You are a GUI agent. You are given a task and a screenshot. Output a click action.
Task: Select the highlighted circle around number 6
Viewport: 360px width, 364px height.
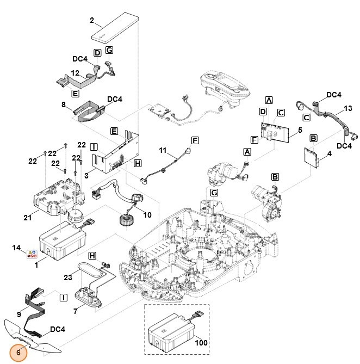(x=18, y=352)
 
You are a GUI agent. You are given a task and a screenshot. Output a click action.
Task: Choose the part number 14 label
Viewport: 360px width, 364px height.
(x=16, y=248)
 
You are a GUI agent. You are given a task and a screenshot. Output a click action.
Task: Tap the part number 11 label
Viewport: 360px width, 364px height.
(x=163, y=150)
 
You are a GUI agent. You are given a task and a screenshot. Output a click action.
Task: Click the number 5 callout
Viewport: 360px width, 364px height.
(x=300, y=131)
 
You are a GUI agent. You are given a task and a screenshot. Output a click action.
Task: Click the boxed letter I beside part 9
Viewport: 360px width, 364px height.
(x=63, y=297)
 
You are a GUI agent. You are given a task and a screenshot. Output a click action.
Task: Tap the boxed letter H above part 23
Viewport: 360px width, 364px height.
(x=92, y=255)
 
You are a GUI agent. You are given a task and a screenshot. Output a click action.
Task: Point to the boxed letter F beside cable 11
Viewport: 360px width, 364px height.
(x=195, y=140)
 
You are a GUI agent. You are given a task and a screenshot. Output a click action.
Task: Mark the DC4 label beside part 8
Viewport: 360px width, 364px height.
(x=115, y=99)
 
